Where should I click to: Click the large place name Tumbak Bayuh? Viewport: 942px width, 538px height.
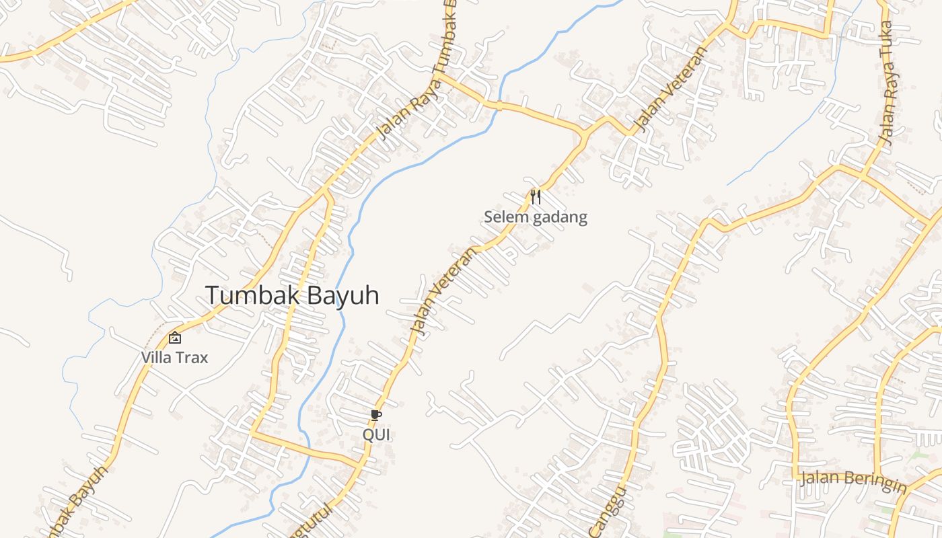pyautogui.click(x=292, y=295)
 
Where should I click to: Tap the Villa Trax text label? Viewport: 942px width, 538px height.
pyautogui.click(x=175, y=358)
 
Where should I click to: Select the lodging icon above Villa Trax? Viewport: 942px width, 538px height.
pyautogui.click(x=175, y=338)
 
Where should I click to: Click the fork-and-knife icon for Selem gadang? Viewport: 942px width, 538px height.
pyautogui.click(x=536, y=196)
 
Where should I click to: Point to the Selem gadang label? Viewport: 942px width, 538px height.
pyautogui.click(x=536, y=217)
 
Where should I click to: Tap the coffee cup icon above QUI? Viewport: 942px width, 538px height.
pyautogui.click(x=375, y=416)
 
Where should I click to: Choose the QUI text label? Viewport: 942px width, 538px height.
pyautogui.click(x=376, y=435)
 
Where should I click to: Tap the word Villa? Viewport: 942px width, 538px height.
pyautogui.click(x=156, y=358)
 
